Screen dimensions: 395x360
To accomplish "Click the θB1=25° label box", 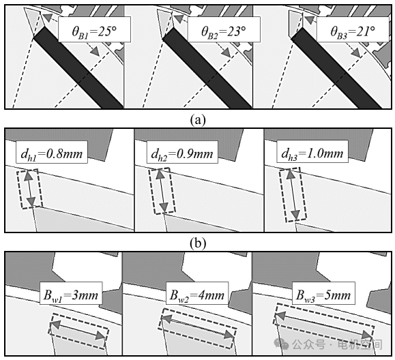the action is (x=94, y=29).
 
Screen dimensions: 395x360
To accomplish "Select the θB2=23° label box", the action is (x=224, y=29).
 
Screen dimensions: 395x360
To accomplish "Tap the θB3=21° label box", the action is (x=353, y=29).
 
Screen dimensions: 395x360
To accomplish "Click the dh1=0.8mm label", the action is (x=52, y=152).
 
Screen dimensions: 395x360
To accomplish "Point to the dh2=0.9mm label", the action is (x=182, y=152).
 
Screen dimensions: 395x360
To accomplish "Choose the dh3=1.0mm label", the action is (x=312, y=152).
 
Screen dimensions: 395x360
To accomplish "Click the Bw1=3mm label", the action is (x=71, y=293).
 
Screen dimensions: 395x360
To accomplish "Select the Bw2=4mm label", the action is (x=197, y=293).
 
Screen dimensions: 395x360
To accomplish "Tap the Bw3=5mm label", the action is (x=323, y=293).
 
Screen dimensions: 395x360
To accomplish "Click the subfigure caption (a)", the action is (x=198, y=120).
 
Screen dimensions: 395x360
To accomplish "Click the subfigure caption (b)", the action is (x=198, y=243).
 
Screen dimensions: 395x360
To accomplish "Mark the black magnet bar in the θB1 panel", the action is (x=78, y=68).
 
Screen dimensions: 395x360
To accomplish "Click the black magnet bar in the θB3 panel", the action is (x=337, y=68).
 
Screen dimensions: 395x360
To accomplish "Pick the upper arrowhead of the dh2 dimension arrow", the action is (x=159, y=175).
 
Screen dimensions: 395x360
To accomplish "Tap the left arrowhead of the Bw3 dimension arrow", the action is (x=281, y=316).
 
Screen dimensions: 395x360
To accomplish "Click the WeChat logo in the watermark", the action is (x=281, y=344).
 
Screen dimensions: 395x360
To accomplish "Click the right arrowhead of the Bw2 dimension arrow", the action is (x=229, y=334).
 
